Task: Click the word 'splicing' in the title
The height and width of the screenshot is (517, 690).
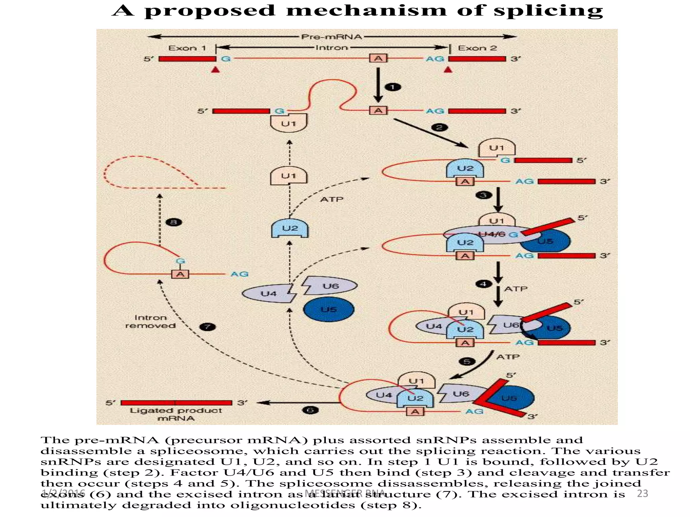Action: pos(548,11)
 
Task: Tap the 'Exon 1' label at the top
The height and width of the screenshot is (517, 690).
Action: pos(187,48)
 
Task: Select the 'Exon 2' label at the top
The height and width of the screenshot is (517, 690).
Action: pos(477,48)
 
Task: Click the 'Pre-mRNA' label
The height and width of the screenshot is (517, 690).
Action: pos(331,37)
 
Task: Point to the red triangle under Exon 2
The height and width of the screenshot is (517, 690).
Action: pos(448,70)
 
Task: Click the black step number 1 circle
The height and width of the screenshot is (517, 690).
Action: pos(393,87)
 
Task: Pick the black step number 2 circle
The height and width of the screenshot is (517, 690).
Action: pos(440,128)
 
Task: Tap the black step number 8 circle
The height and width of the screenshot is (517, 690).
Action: pos(174,222)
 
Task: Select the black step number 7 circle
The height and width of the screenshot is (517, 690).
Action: pos(208,326)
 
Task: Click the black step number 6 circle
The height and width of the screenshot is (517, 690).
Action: pos(310,410)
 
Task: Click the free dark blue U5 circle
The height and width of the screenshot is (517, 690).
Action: pos(328,309)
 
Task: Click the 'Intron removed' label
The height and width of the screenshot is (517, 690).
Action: pos(150,321)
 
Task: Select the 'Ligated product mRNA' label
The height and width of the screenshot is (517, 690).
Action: pos(176,414)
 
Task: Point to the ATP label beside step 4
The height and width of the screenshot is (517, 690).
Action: pos(515,289)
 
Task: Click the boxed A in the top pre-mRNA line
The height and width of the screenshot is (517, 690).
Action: pos(378,59)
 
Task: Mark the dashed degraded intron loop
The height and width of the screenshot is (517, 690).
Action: pos(148,172)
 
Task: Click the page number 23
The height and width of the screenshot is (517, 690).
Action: pos(642,493)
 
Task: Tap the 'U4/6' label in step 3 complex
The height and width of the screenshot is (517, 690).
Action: pos(492,234)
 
